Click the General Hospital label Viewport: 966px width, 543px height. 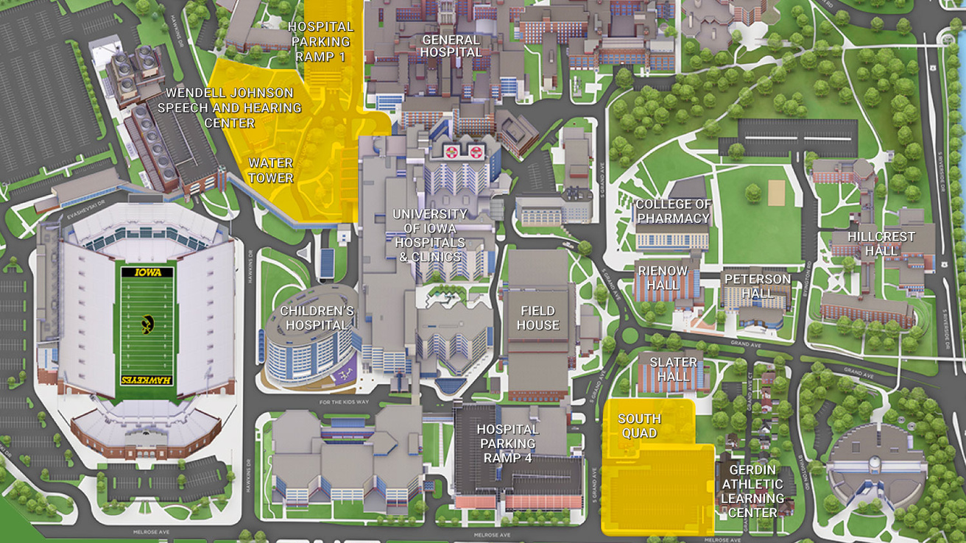pyautogui.click(x=451, y=46)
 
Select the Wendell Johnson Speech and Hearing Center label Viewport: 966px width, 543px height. pyautogui.click(x=230, y=107)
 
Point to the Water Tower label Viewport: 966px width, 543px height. pyautogui.click(x=270, y=170)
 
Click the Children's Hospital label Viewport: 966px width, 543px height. pyautogui.click(x=317, y=318)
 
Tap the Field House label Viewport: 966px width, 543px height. pyautogui.click(x=538, y=318)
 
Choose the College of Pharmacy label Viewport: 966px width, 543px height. pyautogui.click(x=673, y=211)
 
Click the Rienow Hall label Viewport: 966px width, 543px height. pyautogui.click(x=663, y=277)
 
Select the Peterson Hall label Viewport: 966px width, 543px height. pyautogui.click(x=757, y=285)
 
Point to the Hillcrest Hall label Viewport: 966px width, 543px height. pyautogui.click(x=881, y=244)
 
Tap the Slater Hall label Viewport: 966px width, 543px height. pyautogui.click(x=673, y=369)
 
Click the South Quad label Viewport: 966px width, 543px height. pyautogui.click(x=639, y=426)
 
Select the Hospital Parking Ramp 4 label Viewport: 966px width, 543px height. pyautogui.click(x=508, y=444)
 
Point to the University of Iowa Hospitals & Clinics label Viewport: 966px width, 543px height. pyautogui.click(x=429, y=235)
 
